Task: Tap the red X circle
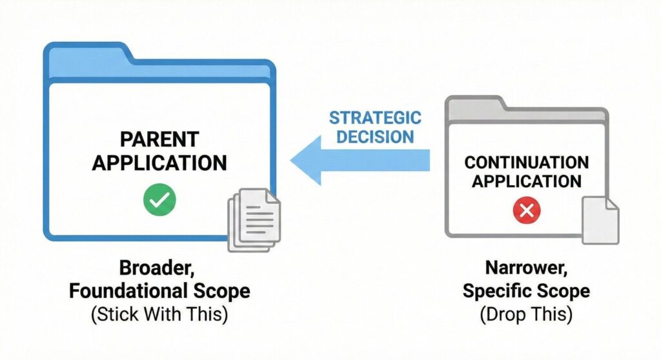tap(526, 210)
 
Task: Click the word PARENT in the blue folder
tap(159, 139)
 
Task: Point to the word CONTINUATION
tap(526, 162)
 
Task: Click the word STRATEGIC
tap(375, 118)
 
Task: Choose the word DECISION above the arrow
tap(375, 137)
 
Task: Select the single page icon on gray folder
tap(600, 221)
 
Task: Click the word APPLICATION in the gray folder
tap(526, 181)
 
